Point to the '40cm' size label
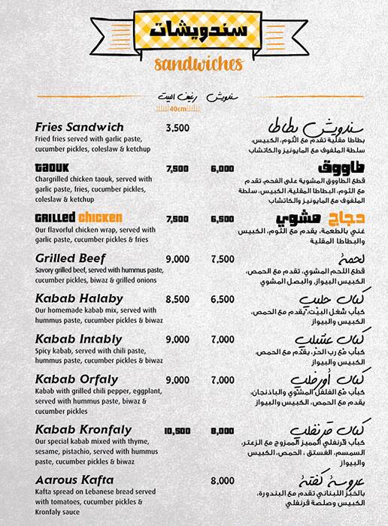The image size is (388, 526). (x=177, y=108)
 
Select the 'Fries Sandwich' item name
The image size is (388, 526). (x=69, y=128)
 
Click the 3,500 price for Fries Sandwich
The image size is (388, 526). (x=177, y=128)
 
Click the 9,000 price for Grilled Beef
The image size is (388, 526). (x=177, y=259)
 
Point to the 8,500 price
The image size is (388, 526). (x=177, y=299)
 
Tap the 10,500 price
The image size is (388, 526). (x=177, y=431)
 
